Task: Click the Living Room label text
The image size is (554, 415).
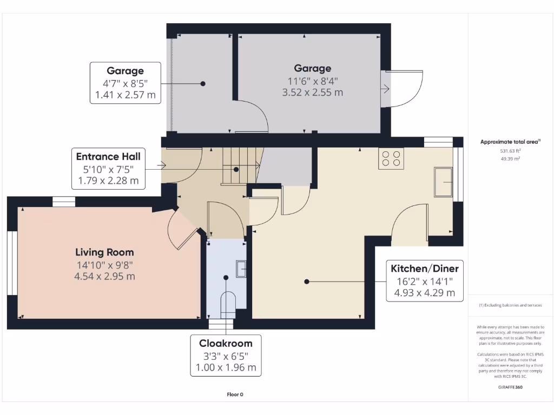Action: [x=104, y=252]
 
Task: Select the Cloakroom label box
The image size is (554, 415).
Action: [x=226, y=356]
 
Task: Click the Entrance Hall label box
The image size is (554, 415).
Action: [x=108, y=169]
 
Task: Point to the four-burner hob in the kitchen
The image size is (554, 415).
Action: [x=391, y=158]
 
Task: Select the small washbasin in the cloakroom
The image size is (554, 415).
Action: [x=241, y=268]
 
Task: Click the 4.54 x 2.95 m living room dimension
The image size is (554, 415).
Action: [x=104, y=276]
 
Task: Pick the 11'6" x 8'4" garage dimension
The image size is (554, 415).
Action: [x=313, y=81]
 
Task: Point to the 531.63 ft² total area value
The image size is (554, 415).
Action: [x=511, y=152]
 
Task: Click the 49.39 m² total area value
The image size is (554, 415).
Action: [x=511, y=159]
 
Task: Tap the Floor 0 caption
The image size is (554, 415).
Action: [x=235, y=394]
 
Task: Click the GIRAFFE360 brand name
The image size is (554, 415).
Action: [x=511, y=387]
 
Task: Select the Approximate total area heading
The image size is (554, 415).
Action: [x=510, y=142]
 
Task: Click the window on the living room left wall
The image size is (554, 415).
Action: [x=10, y=263]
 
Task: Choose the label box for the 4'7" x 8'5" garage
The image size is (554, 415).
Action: [x=125, y=83]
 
